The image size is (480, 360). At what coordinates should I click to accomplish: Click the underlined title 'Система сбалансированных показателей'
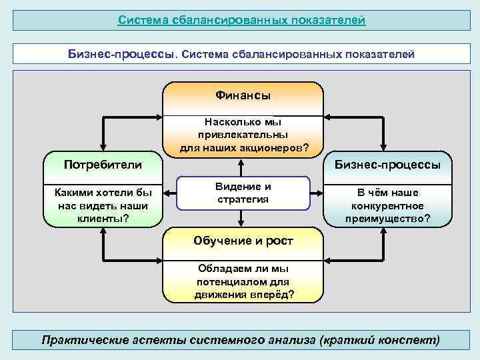pyautogui.click(x=241, y=20)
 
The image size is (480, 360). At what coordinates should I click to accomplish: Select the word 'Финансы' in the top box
pyautogui.click(x=243, y=96)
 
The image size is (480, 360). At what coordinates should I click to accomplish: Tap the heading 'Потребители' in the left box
pyautogui.click(x=103, y=164)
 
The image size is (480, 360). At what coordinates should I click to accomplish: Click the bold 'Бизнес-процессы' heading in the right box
pyautogui.click(x=387, y=164)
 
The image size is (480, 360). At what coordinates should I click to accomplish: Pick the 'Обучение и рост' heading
pyautogui.click(x=243, y=241)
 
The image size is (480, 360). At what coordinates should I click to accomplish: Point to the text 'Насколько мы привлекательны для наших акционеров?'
pyautogui.click(x=244, y=135)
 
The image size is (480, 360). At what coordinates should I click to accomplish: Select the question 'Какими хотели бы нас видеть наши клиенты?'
pyautogui.click(x=103, y=205)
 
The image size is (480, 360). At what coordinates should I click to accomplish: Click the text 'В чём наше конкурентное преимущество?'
pyautogui.click(x=387, y=205)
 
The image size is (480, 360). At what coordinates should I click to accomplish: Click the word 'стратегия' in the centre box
pyautogui.click(x=243, y=199)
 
